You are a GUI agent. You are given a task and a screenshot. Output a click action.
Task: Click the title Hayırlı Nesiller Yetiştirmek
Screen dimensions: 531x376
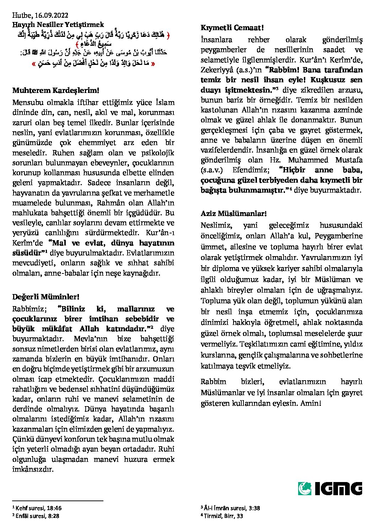coord(58,24)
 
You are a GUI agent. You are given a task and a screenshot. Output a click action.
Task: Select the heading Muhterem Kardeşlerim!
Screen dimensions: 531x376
coord(55,90)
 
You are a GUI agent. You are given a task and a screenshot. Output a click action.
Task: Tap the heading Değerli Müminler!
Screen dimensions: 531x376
coord(46,297)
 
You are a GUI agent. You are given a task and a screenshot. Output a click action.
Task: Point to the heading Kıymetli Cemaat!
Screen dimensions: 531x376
coord(232,28)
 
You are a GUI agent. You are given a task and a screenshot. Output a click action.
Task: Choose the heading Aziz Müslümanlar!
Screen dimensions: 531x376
coord(233,214)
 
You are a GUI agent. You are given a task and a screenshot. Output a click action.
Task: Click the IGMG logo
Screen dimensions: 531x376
coord(330,488)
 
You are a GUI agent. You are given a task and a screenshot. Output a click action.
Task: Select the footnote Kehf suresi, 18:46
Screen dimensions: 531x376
coord(38,508)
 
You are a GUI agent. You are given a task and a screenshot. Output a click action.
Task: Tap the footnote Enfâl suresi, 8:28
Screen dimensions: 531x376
coord(37,516)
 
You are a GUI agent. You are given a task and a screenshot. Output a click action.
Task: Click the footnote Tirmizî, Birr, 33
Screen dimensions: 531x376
coord(224,516)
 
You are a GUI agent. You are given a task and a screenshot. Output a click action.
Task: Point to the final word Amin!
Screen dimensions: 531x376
coord(311,403)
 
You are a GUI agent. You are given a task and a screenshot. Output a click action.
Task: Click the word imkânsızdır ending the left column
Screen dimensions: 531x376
coord(33,469)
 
